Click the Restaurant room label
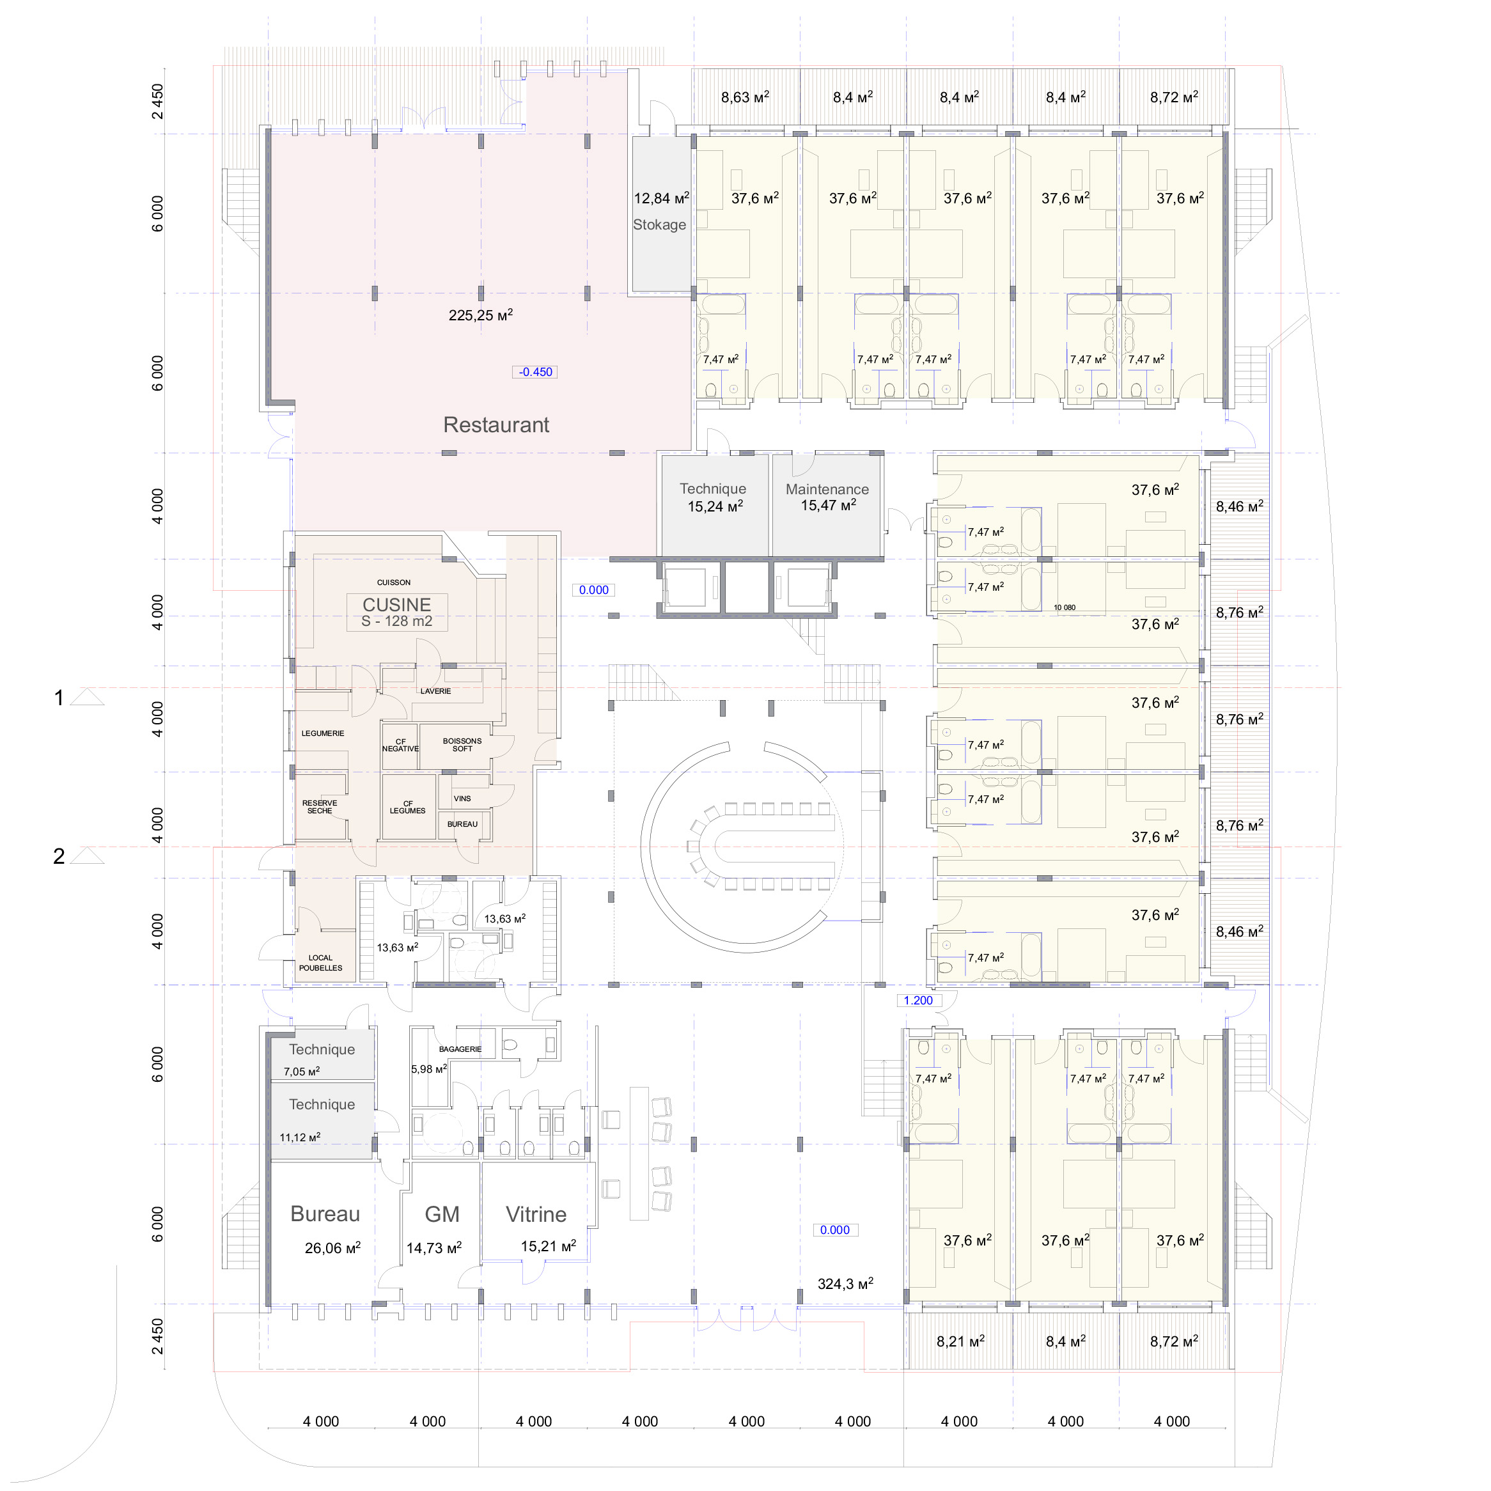point(496,425)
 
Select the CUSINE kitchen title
point(396,604)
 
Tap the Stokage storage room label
point(659,224)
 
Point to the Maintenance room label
point(827,489)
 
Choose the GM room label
point(442,1214)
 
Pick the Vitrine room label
point(536,1214)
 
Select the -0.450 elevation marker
point(536,372)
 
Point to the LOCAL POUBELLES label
point(320,962)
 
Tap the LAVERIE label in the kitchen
point(435,691)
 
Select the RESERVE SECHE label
point(320,806)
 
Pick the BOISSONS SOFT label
point(462,745)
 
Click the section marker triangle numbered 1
point(87,698)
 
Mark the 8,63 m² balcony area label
point(745,97)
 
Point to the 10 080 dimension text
point(1065,607)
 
